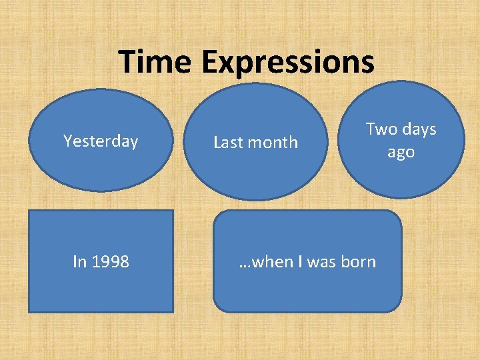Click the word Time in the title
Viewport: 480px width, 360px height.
157,63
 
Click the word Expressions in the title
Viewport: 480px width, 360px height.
287,63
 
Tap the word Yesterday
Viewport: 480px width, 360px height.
101,141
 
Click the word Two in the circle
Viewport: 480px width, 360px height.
381,129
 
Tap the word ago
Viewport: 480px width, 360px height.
401,152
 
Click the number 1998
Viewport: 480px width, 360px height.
109,262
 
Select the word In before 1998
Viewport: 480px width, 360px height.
79,262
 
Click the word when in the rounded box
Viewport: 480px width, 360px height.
269,262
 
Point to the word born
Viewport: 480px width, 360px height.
358,262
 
